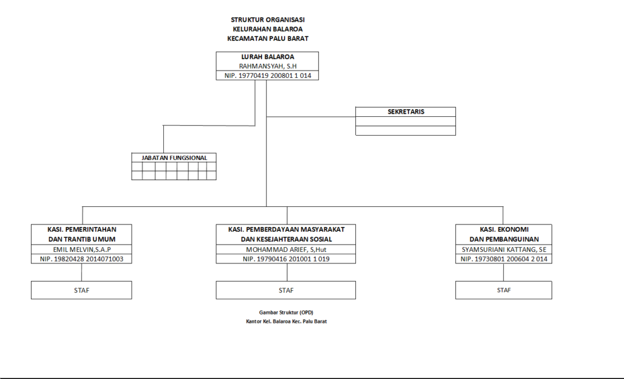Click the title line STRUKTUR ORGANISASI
point(268,19)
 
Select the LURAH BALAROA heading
point(268,57)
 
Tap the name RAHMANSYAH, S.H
point(268,66)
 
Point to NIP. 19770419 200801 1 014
point(268,76)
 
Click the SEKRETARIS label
point(406,112)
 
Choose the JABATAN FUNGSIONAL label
point(174,158)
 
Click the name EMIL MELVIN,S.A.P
point(82,249)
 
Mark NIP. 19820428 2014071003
point(82,259)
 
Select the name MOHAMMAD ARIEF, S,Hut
point(285,249)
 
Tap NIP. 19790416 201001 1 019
point(285,259)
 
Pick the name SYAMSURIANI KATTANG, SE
point(503,249)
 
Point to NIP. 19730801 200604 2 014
point(503,259)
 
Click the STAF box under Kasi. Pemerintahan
point(82,290)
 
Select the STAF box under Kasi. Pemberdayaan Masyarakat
point(286,290)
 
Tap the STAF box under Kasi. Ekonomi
point(503,290)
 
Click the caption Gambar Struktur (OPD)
point(282,312)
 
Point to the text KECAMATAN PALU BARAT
point(268,38)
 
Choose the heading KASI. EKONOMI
point(503,229)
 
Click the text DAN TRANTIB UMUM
point(82,239)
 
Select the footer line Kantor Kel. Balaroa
point(282,321)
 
